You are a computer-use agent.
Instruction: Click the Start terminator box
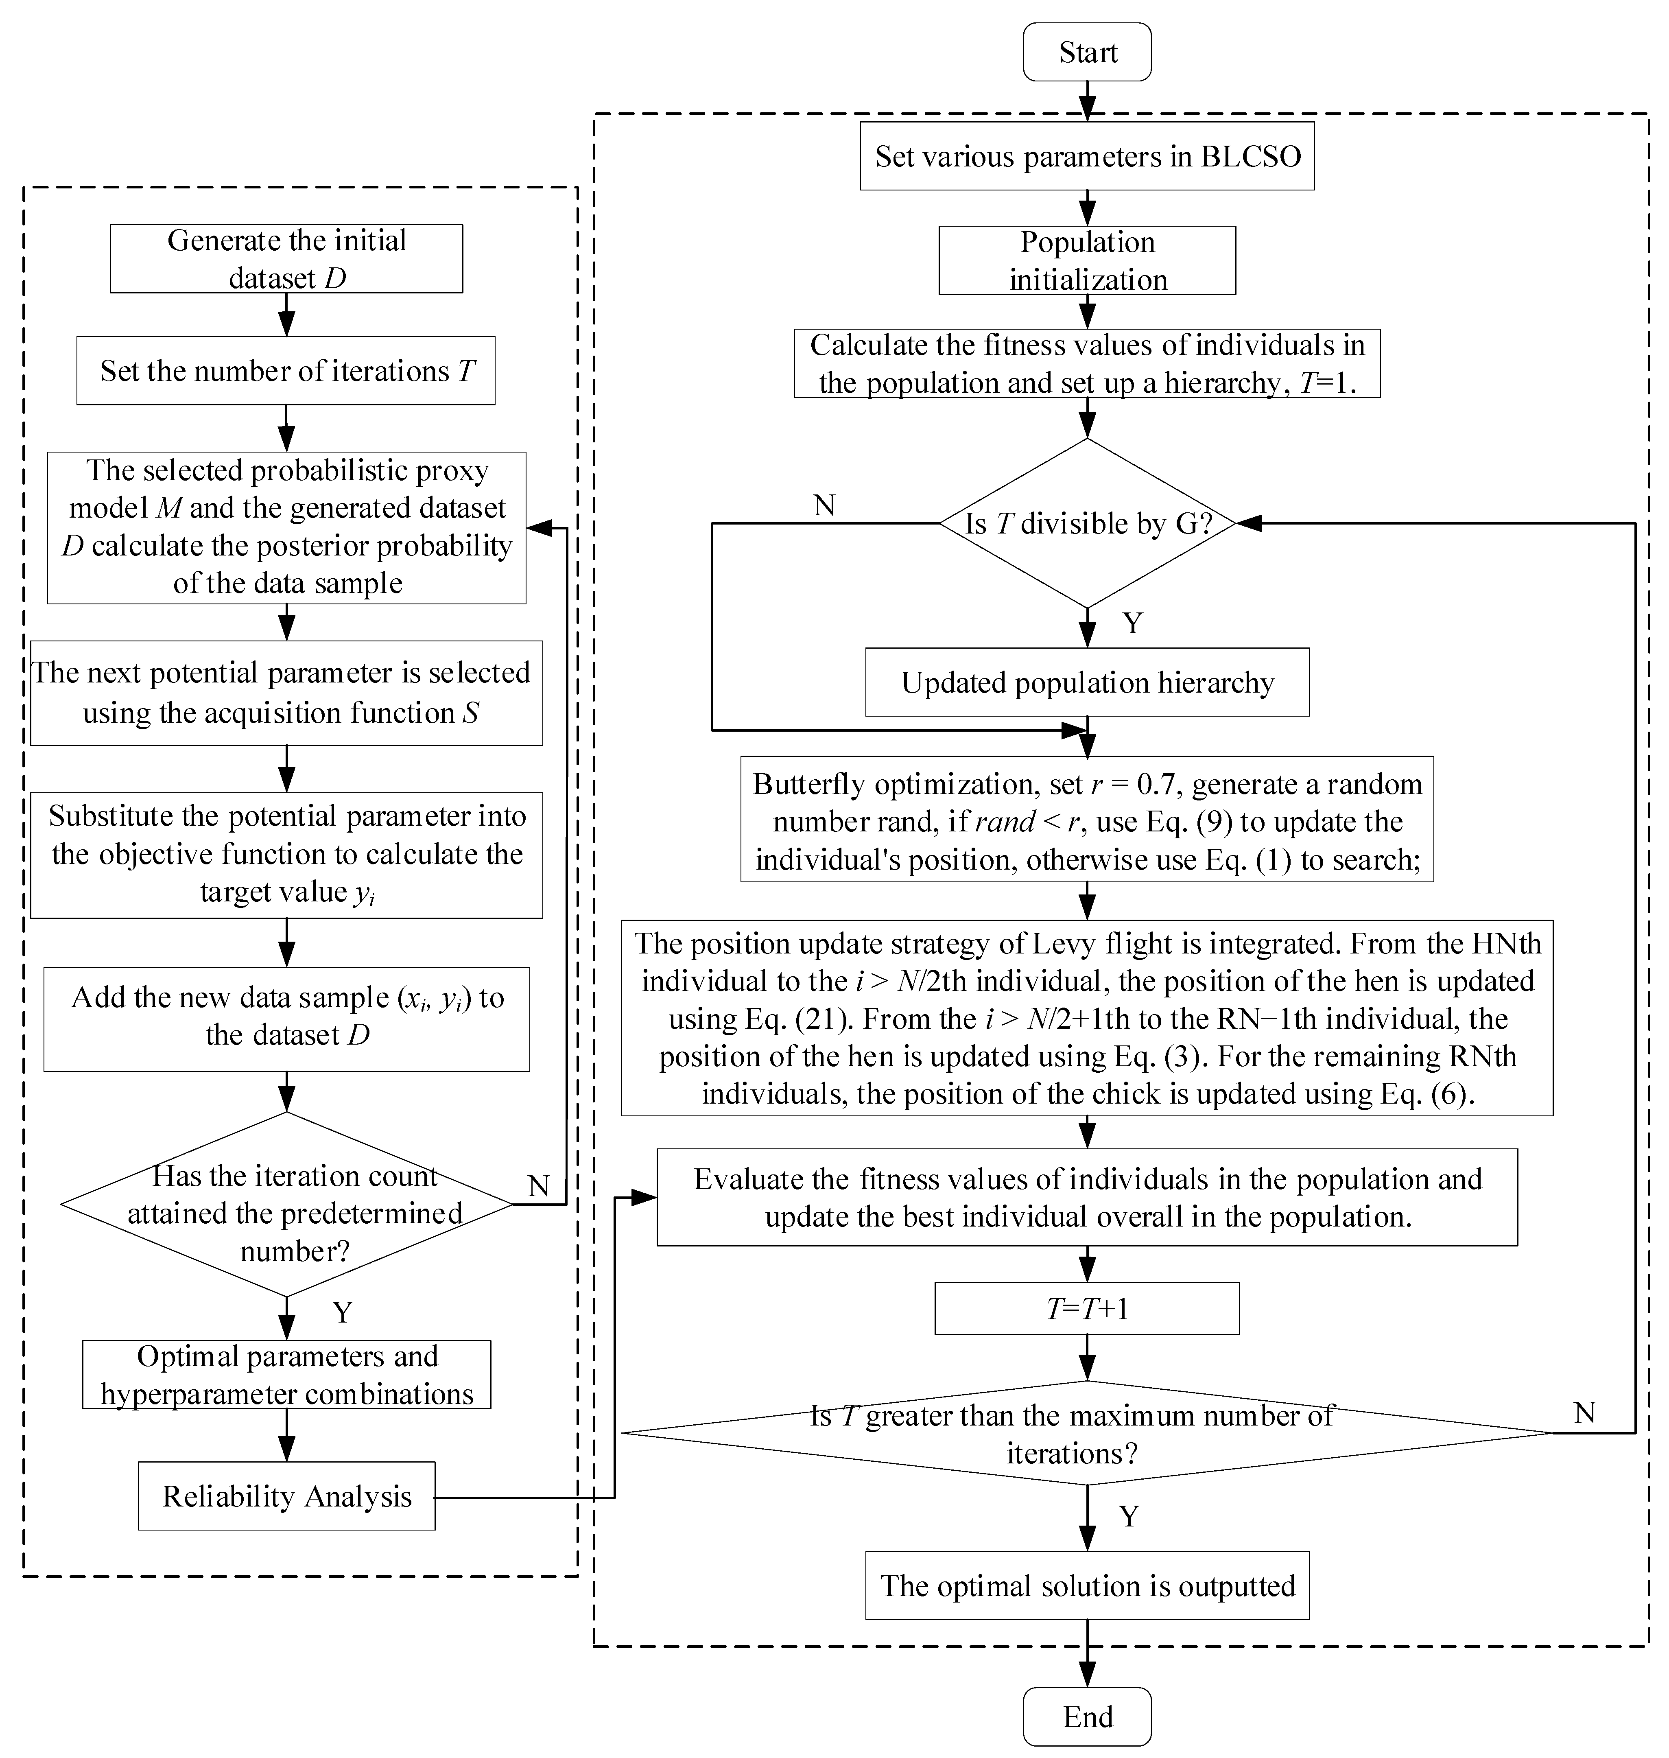point(1087,52)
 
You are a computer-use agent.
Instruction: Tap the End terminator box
point(1087,1716)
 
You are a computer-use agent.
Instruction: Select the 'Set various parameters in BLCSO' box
point(1087,157)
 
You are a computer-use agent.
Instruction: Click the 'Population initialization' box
point(1087,261)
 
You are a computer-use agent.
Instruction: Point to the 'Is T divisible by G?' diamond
point(1087,523)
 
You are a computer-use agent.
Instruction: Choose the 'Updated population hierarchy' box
point(1087,682)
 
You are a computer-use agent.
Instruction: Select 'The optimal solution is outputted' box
point(1087,1586)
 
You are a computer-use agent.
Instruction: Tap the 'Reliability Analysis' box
point(286,1496)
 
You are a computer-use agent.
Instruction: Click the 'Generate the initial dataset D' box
point(286,259)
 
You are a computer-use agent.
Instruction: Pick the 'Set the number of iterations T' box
point(286,371)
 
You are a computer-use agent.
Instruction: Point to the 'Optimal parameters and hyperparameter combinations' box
point(286,1375)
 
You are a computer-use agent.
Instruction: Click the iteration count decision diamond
point(286,1205)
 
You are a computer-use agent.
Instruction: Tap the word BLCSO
point(1251,157)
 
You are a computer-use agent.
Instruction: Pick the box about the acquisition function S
point(286,693)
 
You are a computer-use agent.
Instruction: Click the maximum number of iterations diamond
point(1087,1433)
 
